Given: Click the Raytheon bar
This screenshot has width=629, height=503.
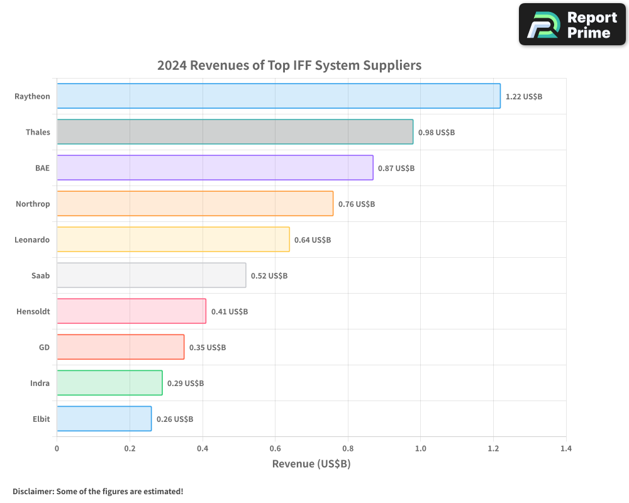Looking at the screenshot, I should [x=279, y=96].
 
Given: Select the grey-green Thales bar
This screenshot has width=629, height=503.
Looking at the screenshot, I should [x=235, y=132].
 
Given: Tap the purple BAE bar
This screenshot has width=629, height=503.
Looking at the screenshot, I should [x=215, y=168].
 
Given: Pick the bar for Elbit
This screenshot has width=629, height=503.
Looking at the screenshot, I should [x=104, y=419].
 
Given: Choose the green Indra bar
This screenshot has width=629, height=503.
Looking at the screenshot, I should [x=109, y=383].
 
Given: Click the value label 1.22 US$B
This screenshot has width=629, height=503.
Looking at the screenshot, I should [x=524, y=97].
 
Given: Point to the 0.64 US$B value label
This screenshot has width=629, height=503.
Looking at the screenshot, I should [x=313, y=240].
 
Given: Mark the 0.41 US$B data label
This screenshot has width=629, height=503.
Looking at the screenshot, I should [x=230, y=312].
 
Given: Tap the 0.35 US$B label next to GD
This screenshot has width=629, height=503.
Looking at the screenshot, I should [x=208, y=348].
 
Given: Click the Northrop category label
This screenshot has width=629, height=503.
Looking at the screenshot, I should [x=33, y=204].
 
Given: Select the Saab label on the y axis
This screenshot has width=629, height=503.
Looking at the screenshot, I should [x=40, y=275].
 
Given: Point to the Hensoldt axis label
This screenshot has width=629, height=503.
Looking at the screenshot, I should [x=33, y=311].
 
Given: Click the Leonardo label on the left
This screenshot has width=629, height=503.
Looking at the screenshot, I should [x=32, y=240].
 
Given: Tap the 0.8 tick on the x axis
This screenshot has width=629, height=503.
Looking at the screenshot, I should [x=348, y=449].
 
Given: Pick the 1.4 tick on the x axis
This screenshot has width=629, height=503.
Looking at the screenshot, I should [x=566, y=449].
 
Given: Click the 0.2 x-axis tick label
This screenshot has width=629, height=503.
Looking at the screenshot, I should [x=130, y=449].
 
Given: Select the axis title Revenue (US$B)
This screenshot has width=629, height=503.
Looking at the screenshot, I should [x=311, y=464].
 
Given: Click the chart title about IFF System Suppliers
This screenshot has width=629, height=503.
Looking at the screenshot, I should [x=289, y=65].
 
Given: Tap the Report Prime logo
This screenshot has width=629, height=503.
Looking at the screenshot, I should [x=572, y=25].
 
